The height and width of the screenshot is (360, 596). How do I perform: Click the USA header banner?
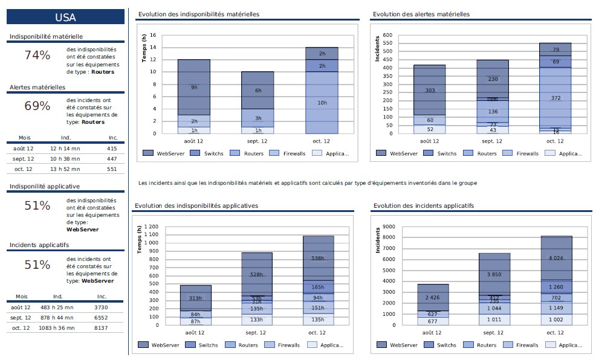coord(65,18)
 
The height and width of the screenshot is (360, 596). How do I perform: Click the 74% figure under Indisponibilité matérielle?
coord(37,56)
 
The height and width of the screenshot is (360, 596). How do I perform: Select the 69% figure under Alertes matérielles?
coord(37,106)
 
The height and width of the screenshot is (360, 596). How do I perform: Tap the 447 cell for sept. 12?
coord(112,159)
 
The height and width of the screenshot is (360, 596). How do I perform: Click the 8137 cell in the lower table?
coord(102,328)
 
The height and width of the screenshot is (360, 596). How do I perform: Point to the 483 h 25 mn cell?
coord(58,307)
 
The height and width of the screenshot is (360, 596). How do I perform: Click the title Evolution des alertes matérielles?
coord(421,14)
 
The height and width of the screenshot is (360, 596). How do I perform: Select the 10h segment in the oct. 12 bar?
coord(322,103)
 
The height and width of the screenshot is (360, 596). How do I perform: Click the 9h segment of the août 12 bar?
coord(194,88)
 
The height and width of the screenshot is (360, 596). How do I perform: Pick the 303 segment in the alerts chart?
coord(429,90)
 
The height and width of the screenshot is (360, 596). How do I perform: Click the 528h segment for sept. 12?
coord(256,274)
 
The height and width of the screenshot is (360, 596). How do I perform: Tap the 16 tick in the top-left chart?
coord(154,36)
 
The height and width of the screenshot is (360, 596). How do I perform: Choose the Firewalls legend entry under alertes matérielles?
coord(526,153)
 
